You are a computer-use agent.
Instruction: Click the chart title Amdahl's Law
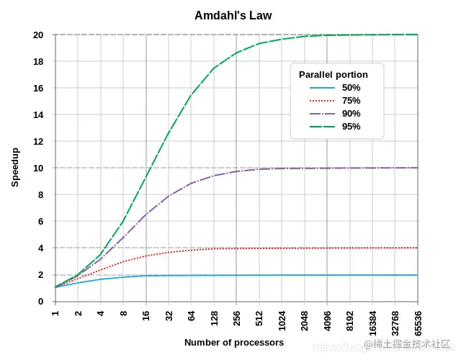(233, 15)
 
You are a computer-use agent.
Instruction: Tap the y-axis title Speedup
(15, 167)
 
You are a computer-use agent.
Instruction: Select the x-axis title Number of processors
(234, 343)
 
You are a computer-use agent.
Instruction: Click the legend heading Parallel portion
(334, 75)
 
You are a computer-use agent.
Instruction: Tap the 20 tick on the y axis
(38, 35)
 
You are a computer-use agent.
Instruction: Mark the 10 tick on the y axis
(38, 168)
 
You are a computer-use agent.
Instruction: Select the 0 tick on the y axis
(41, 301)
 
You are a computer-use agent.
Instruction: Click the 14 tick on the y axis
(38, 114)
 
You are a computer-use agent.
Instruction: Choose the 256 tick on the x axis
(236, 316)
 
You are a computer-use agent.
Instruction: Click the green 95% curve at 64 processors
(192, 95)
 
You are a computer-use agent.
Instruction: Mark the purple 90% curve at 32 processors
(169, 195)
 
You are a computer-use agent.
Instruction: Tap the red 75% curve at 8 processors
(123, 262)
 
